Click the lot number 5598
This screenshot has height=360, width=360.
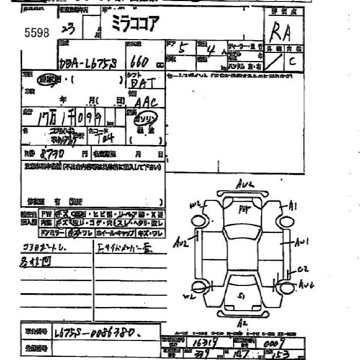click(37, 33)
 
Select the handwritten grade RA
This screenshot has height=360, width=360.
click(280, 32)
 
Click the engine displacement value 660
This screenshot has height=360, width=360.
click(140, 62)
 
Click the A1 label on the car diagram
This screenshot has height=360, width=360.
click(293, 206)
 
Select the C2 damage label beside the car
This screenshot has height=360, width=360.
click(302, 269)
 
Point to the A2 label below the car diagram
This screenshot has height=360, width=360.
click(243, 323)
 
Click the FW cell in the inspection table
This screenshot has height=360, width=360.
click(46, 214)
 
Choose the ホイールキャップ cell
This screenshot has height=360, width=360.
click(117, 233)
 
